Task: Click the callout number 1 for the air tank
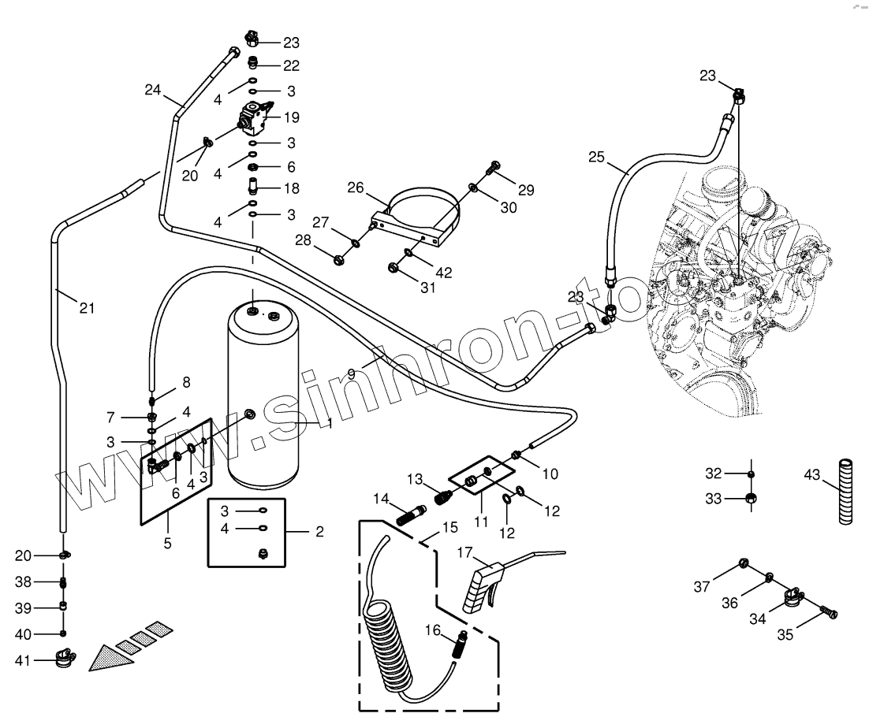coord(329,423)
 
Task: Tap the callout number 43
coord(812,475)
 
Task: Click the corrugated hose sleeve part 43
coord(845,492)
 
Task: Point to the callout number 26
coord(356,188)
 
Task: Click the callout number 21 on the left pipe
coord(86,308)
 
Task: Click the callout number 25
coord(597,158)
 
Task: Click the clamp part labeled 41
coord(63,656)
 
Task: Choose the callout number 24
coord(152,90)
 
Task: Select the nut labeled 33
coord(751,498)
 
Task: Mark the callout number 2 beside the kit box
coord(319,532)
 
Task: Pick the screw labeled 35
coord(828,611)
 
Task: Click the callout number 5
coord(167,543)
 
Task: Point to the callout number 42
coord(444,273)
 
